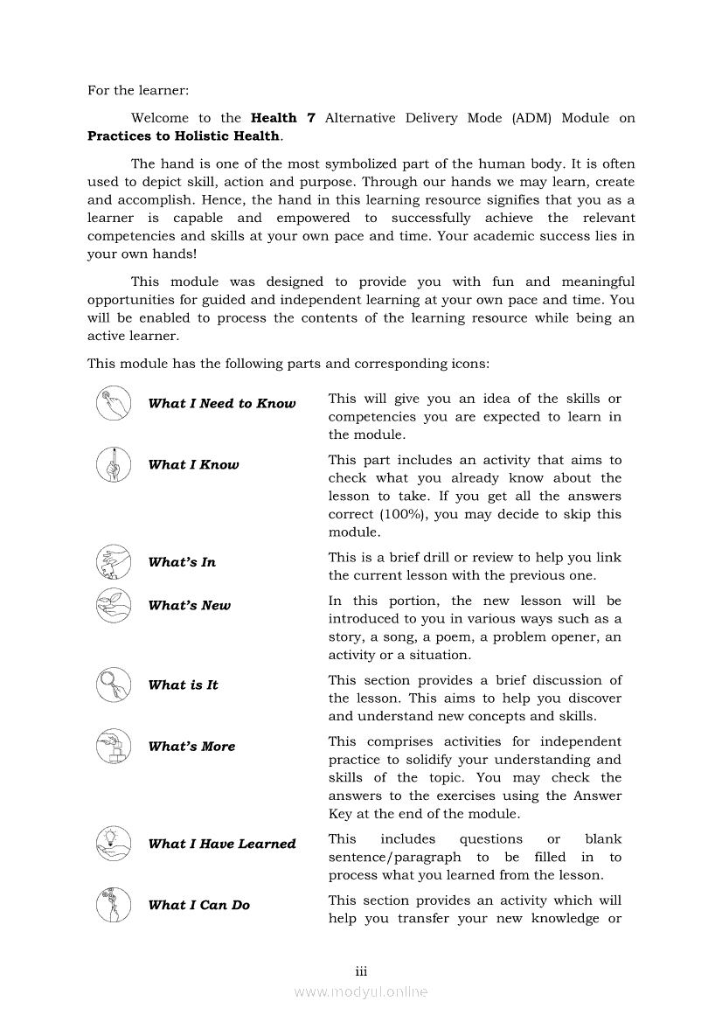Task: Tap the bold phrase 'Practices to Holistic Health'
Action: [x=184, y=136]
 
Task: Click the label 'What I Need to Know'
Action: [x=222, y=404]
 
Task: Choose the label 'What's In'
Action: [x=182, y=562]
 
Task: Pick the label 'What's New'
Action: [x=190, y=605]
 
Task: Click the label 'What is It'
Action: [x=184, y=685]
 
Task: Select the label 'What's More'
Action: [x=191, y=747]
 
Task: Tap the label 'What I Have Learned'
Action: [x=222, y=844]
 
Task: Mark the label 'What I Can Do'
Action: [x=198, y=905]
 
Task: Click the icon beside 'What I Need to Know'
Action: [x=114, y=403]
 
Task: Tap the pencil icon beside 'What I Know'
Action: [x=114, y=464]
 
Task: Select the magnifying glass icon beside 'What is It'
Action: [x=114, y=685]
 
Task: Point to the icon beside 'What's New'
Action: [x=114, y=605]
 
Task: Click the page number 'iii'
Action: [x=361, y=972]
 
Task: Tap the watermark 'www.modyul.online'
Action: [x=361, y=992]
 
